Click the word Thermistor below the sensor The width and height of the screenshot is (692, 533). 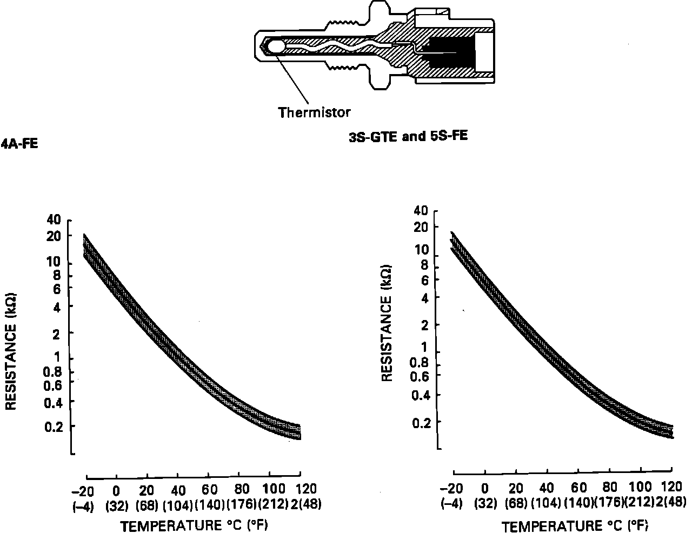coord(314,112)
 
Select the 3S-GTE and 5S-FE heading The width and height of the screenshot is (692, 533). coord(408,136)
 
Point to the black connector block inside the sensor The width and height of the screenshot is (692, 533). coord(451,54)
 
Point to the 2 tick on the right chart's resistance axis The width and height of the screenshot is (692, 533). coord(423,324)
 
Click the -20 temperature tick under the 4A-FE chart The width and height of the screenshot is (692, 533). coord(83,490)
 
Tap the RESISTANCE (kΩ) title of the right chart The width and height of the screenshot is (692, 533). coord(387,323)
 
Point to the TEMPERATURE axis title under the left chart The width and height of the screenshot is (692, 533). coord(194,525)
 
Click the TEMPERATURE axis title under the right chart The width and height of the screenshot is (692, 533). coord(575,526)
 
